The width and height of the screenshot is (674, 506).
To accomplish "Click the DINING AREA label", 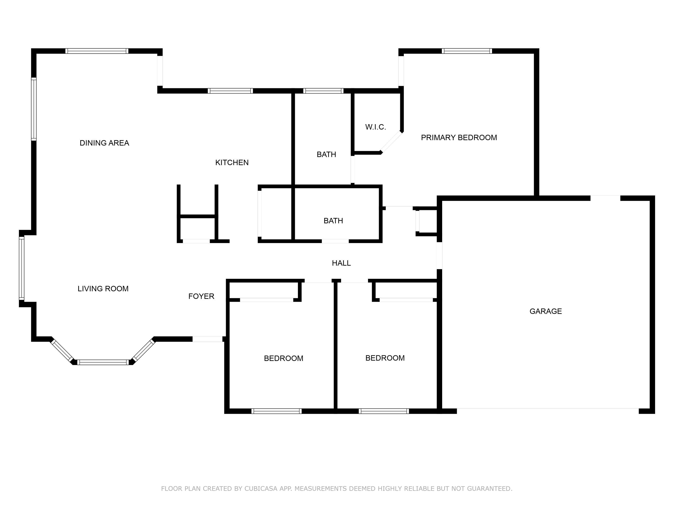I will click(x=104, y=143).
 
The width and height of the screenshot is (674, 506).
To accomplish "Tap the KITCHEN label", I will click(x=232, y=163).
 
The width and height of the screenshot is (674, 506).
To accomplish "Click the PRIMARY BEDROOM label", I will click(x=459, y=138).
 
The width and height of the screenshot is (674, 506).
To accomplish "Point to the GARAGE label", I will click(x=545, y=311).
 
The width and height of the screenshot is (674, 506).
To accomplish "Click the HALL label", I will click(x=341, y=263).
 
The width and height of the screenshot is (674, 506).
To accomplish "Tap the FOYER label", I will click(x=201, y=296).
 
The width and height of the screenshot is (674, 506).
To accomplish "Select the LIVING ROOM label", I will click(x=103, y=289).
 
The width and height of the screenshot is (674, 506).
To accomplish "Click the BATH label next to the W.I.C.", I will click(x=326, y=155).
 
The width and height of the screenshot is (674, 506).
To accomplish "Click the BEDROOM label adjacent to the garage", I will click(x=385, y=358).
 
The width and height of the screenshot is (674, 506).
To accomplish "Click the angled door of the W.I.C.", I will click(x=391, y=142).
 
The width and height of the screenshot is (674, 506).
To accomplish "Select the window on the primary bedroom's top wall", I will click(x=466, y=51).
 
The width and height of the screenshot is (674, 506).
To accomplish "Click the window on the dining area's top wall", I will click(x=97, y=51).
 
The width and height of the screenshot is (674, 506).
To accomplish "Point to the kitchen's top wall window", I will click(x=230, y=91).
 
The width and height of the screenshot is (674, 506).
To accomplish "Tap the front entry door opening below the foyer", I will click(x=207, y=339).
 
